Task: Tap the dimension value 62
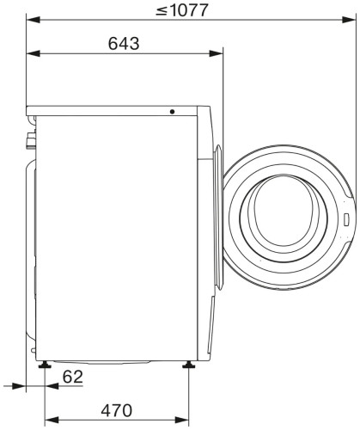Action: (74, 376)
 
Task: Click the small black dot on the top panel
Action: (173, 111)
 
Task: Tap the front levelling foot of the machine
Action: (186, 365)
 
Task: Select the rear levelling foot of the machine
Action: (44, 365)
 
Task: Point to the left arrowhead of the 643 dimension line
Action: (31, 53)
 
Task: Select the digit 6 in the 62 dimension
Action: (68, 376)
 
